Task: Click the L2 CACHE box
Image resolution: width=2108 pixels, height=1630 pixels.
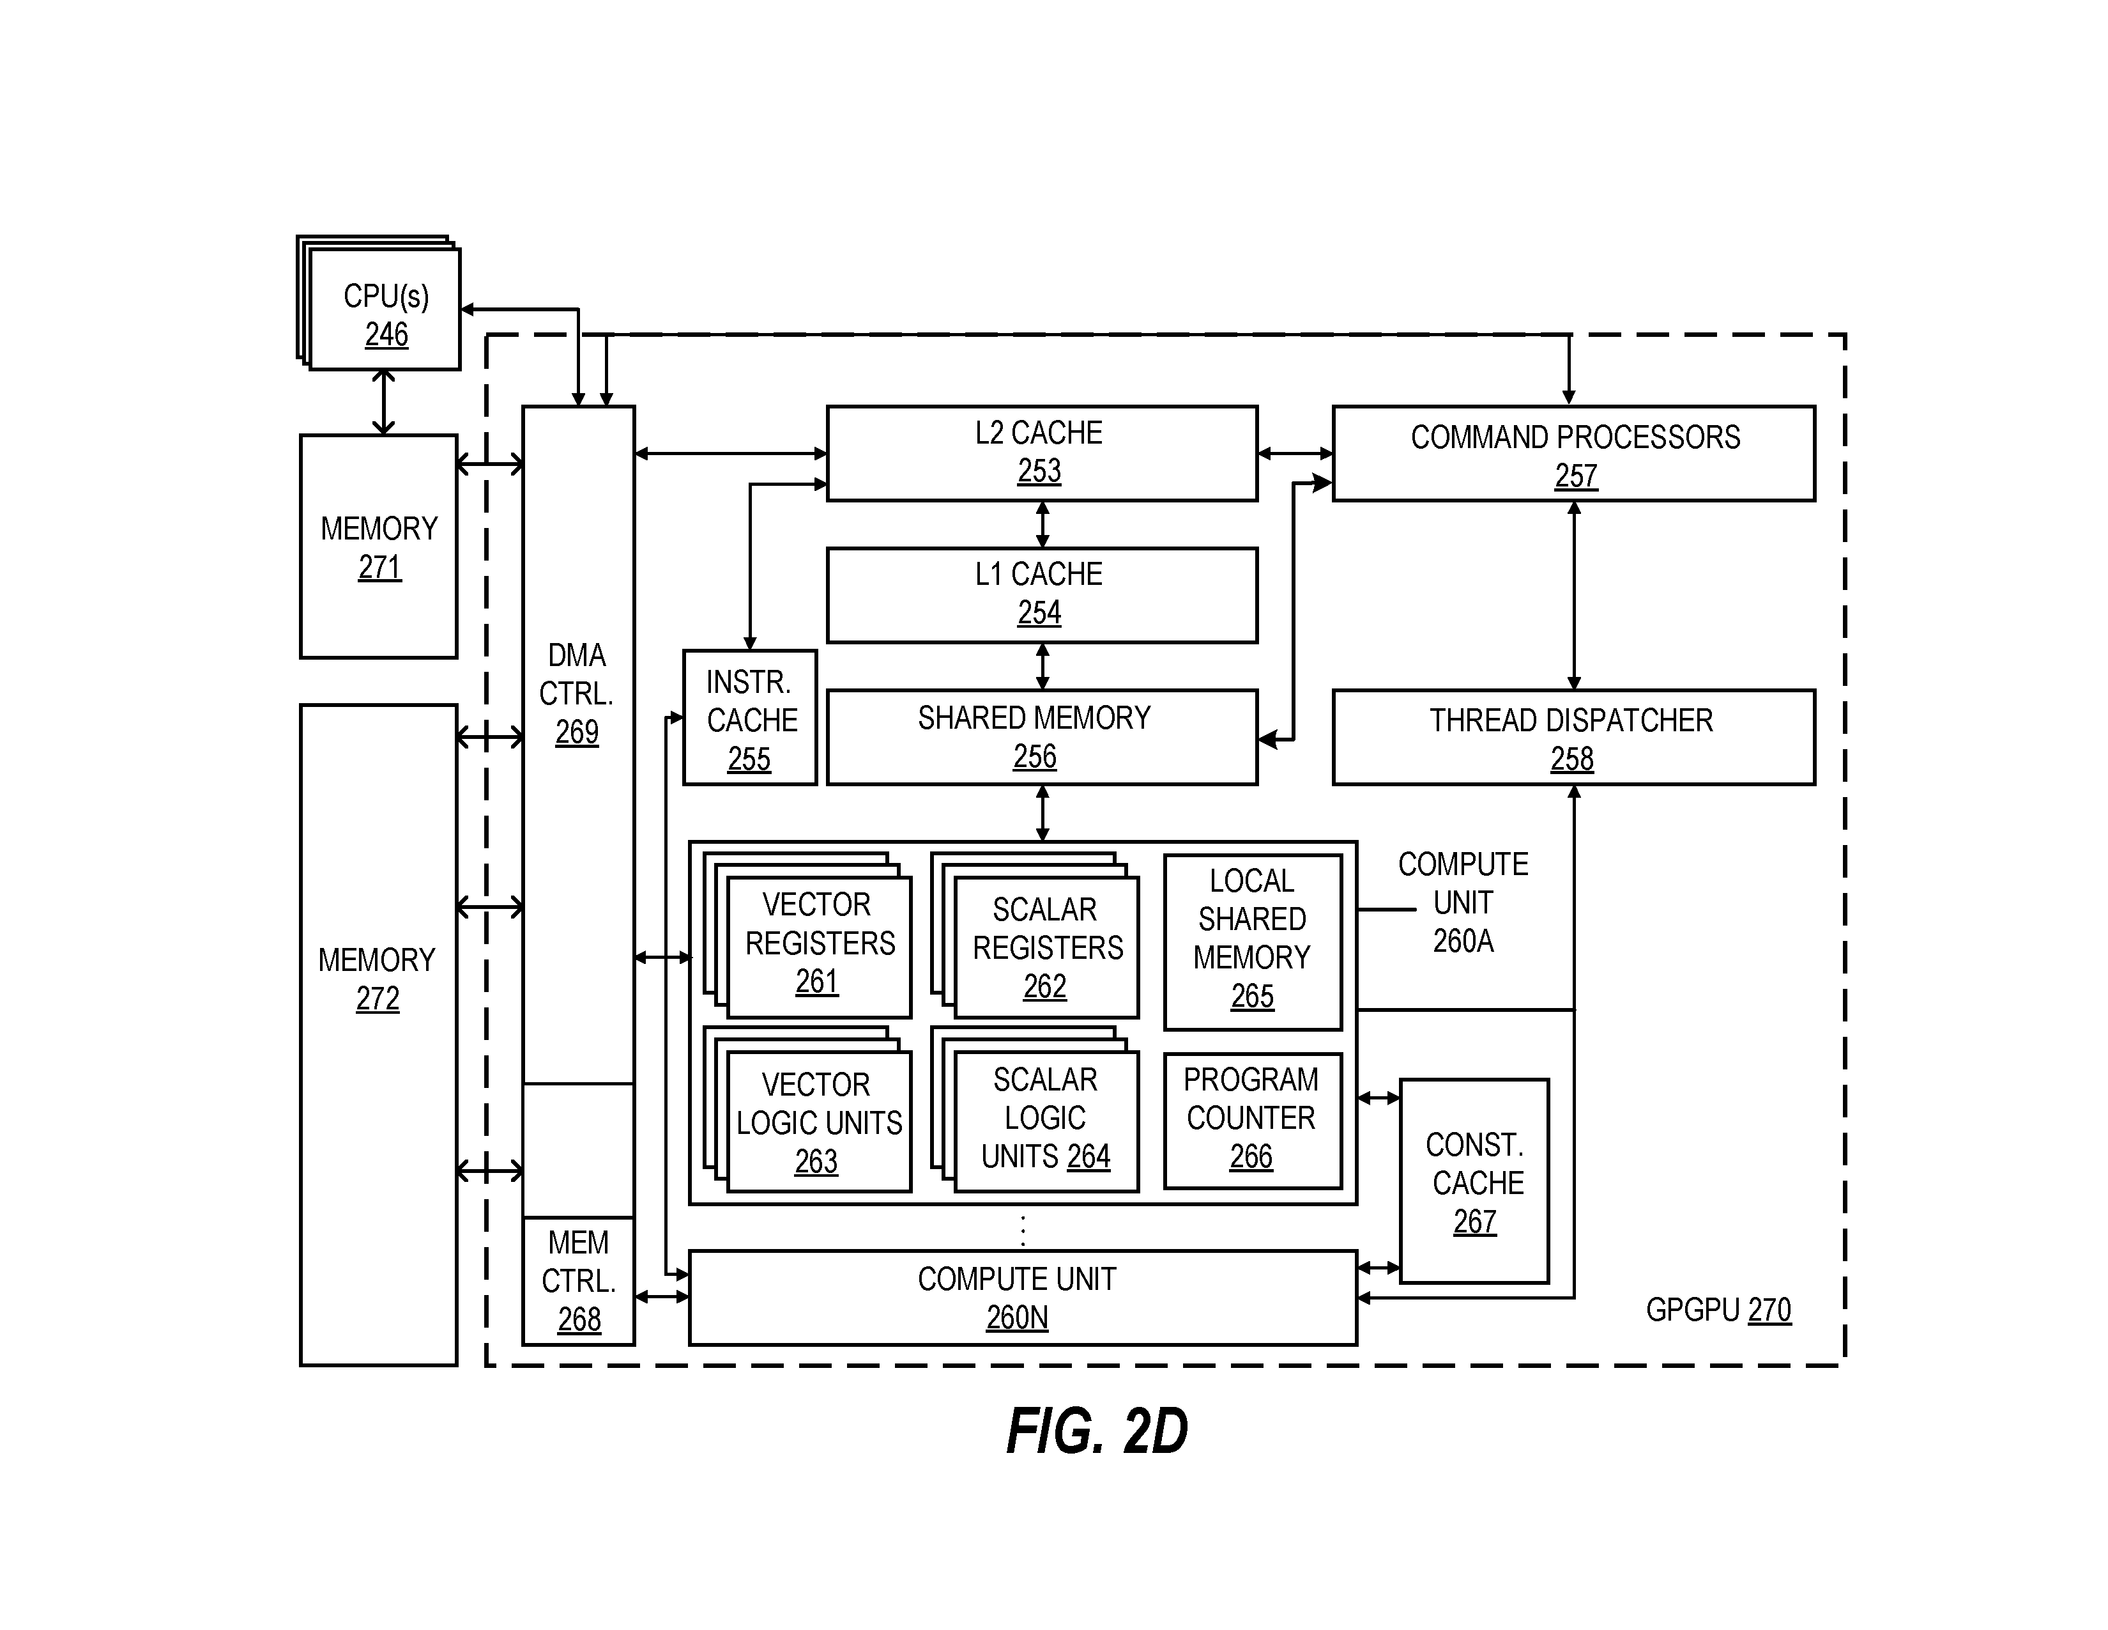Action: point(1041,453)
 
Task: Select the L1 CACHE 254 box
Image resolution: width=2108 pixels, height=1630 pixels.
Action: point(1041,595)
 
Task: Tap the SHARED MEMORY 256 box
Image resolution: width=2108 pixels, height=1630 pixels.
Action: point(1041,737)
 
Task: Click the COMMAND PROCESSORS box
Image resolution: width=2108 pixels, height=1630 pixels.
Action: point(1573,453)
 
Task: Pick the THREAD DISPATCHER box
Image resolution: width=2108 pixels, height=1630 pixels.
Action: point(1573,737)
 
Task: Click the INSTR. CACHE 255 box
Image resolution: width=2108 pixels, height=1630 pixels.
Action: point(750,717)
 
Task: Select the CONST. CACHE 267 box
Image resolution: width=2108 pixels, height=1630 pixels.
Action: point(1474,1180)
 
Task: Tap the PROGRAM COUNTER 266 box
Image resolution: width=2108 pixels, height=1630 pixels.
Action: point(1252,1120)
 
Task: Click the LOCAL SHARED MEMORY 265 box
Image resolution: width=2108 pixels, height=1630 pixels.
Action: point(1252,942)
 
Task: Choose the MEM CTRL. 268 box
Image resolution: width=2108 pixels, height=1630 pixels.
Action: point(578,1280)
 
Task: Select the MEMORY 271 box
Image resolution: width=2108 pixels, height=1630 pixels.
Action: point(378,547)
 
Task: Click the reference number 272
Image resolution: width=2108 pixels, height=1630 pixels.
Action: point(378,998)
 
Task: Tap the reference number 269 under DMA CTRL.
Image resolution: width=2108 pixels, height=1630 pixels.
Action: point(577,732)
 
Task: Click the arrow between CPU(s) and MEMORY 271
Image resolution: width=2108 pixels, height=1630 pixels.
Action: point(383,401)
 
